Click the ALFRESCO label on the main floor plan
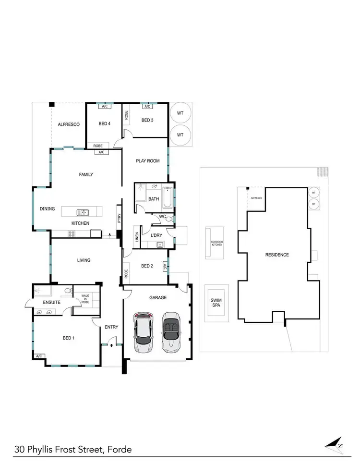(x=68, y=124)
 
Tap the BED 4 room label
(x=105, y=123)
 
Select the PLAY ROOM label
(x=147, y=161)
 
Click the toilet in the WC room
(x=168, y=219)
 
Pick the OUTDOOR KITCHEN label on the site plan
(x=217, y=244)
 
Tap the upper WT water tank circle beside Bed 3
(x=180, y=113)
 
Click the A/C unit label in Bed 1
(x=38, y=356)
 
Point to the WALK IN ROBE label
(x=85, y=300)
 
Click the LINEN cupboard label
(x=137, y=237)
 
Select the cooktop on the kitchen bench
(x=72, y=234)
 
